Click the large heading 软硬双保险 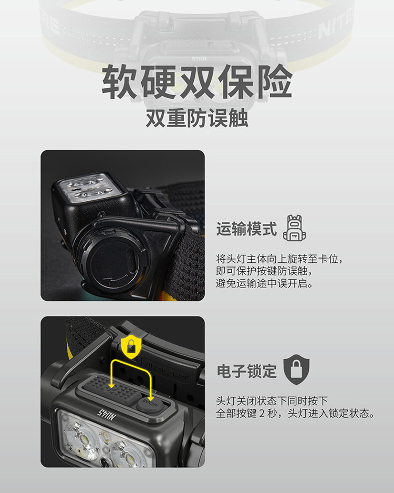coord(197,82)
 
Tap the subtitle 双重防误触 coord(197,118)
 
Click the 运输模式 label coord(246,229)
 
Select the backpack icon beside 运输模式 coord(294,228)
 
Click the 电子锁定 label coord(246,371)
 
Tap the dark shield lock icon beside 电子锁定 coord(296,370)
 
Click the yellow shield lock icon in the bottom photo coord(131,346)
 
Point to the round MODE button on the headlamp coord(150,404)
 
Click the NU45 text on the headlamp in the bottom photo coord(106,415)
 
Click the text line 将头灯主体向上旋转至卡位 coord(279,259)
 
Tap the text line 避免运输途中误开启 coord(265,283)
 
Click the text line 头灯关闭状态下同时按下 coord(272,401)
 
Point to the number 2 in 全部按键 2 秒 coord(262,414)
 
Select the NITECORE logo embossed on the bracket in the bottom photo coord(167,369)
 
